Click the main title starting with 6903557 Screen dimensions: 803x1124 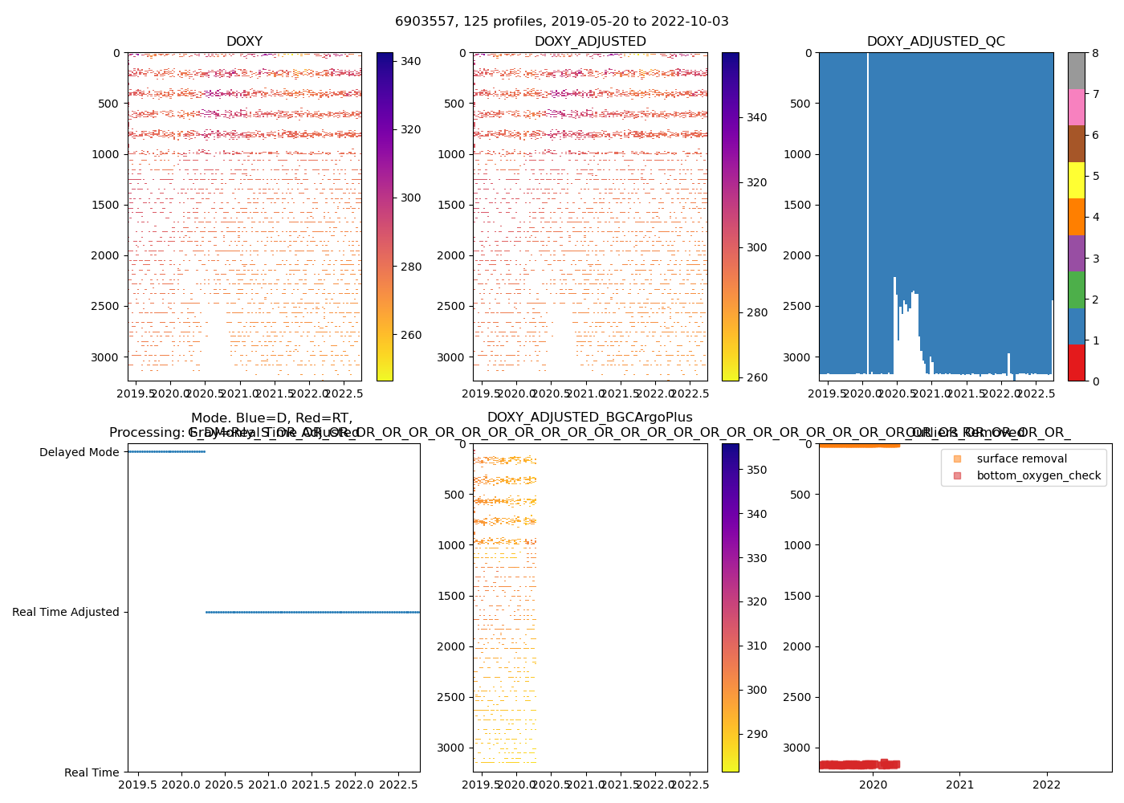coord(562,22)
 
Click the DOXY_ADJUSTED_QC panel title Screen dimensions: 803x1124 coord(935,42)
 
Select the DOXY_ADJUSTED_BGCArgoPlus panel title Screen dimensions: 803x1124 coord(589,418)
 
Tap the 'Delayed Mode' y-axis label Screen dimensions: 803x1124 coord(79,452)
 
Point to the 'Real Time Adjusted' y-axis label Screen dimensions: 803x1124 coord(66,612)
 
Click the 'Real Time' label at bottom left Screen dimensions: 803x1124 coord(92,772)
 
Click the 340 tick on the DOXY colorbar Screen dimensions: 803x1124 coord(411,61)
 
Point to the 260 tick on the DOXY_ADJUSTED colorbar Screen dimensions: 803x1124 coord(756,377)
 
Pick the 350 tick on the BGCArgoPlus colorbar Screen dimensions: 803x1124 coord(756,470)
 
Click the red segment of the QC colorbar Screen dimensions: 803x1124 coord(1076,362)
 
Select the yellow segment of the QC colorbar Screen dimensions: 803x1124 coord(1076,180)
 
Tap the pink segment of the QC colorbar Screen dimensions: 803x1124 coord(1076,107)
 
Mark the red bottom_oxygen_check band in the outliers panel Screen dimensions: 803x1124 coord(859,764)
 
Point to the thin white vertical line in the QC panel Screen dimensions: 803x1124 coord(868,209)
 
